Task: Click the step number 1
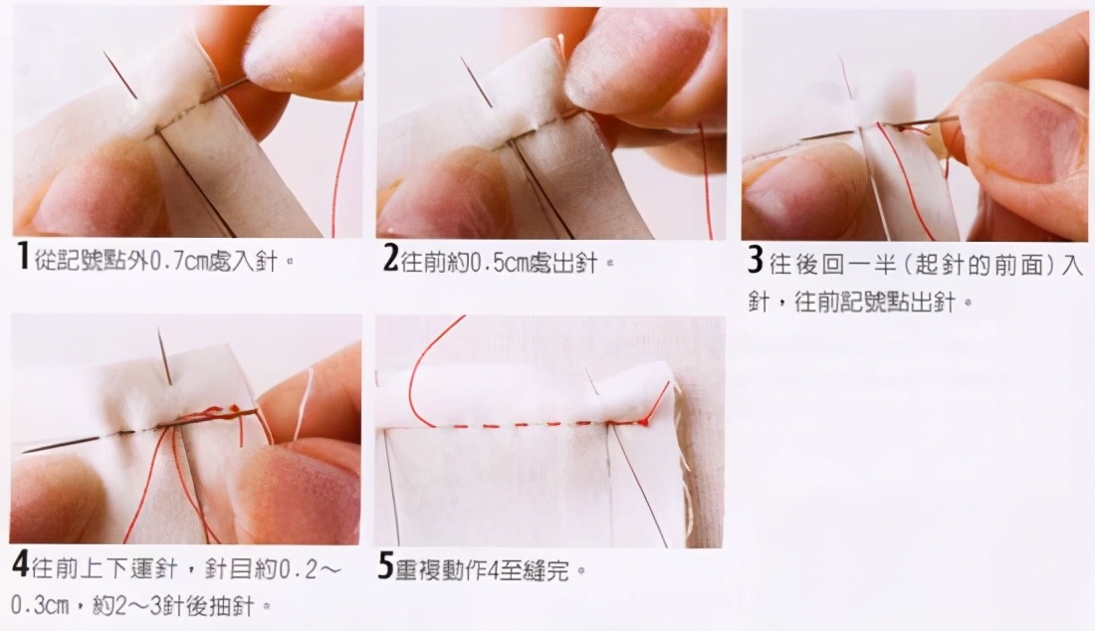[22, 256]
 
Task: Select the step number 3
[755, 260]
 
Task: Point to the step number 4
[20, 564]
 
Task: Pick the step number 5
[385, 566]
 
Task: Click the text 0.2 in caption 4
[299, 570]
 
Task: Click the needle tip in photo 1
[105, 52]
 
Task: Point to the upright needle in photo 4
[165, 356]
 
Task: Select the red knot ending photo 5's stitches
[643, 421]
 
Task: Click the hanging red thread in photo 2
[706, 181]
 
